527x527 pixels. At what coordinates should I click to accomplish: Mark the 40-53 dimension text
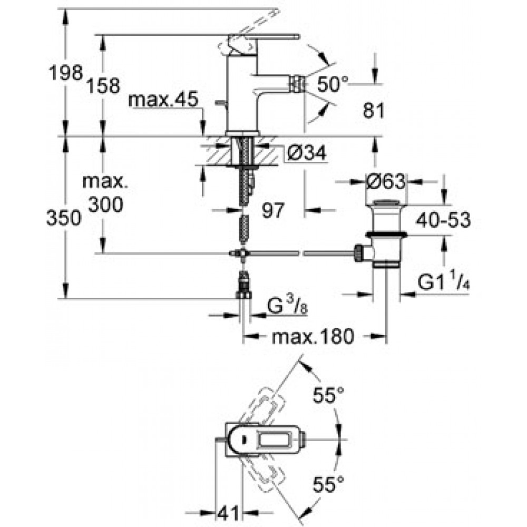pos(443,220)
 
